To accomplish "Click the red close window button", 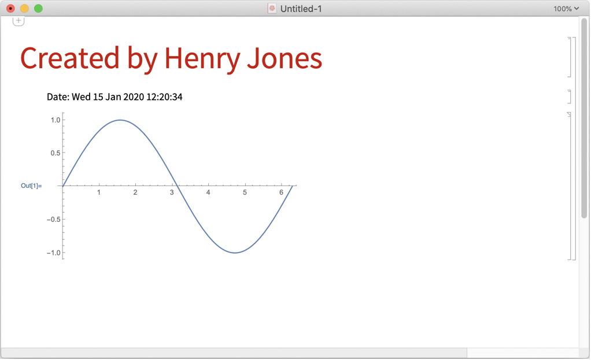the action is (10, 8).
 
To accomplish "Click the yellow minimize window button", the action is (24, 8).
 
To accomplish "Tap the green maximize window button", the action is (38, 8).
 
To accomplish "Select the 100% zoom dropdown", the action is (566, 9).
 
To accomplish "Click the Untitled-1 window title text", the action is (301, 9).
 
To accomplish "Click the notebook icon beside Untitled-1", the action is (272, 8).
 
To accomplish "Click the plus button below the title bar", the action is (19, 21).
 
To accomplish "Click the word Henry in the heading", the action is (202, 59).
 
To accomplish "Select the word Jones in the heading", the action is (285, 59).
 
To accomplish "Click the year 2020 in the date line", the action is (134, 97).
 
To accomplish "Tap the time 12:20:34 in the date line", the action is (164, 97).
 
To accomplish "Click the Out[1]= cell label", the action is (31, 185).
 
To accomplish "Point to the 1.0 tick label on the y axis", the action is (56, 120).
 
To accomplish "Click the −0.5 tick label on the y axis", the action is (54, 219).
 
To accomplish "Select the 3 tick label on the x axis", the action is (172, 192).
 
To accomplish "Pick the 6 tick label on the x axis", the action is (281, 192).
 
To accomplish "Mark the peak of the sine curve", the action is (120, 120).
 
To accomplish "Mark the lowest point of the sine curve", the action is (235, 253).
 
